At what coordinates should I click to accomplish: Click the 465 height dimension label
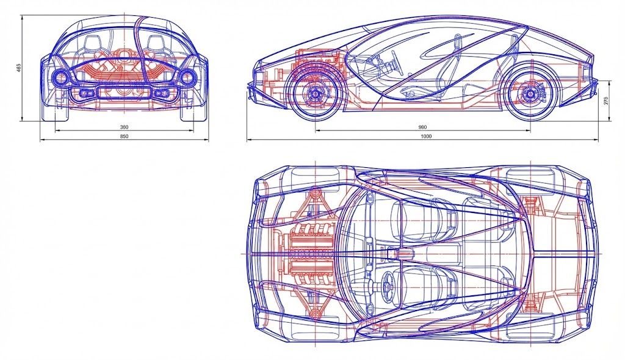tap(18, 68)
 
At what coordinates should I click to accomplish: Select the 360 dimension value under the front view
tap(125, 128)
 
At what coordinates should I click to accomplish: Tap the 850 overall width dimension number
tap(125, 136)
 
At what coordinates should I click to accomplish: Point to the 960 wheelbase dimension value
tap(422, 128)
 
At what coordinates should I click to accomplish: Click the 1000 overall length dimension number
tap(426, 136)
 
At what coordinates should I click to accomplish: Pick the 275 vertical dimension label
tap(607, 101)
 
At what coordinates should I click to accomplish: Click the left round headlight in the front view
tap(61, 77)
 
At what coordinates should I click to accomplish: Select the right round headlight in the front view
tap(187, 77)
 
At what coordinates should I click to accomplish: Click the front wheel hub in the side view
tap(315, 94)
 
